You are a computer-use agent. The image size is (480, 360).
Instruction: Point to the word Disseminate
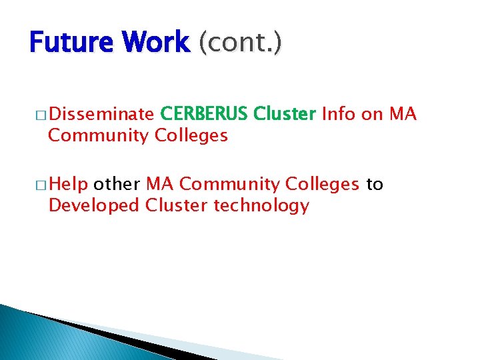101,115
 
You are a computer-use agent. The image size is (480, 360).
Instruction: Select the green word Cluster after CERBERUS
285,115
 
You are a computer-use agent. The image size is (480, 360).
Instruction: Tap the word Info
339,115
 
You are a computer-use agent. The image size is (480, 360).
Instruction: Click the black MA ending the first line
403,115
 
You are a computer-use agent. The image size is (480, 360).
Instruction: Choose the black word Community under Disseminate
99,136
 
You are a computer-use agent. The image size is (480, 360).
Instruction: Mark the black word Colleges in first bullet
191,136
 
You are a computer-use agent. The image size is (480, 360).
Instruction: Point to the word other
117,184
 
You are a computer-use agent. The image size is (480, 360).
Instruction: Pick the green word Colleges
323,184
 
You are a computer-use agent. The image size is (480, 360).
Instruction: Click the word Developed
94,205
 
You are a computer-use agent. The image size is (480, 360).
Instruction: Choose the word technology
261,205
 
